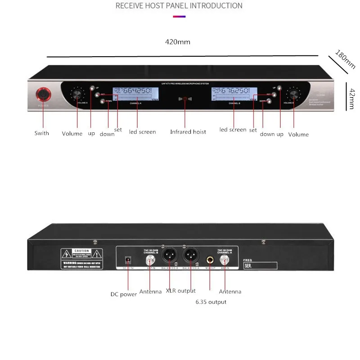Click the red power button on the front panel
pyautogui.click(x=43, y=94)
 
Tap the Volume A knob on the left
pyautogui.click(x=77, y=94)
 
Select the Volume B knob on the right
pyautogui.click(x=295, y=94)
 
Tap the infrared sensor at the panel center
pyautogui.click(x=184, y=99)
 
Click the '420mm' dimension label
pyautogui.click(x=178, y=42)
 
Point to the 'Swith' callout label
pyautogui.click(x=42, y=133)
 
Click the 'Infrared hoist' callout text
pyautogui.click(x=188, y=132)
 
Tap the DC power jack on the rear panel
pyautogui.click(x=127, y=260)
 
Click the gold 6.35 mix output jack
pyautogui.click(x=210, y=260)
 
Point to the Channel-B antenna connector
pyautogui.click(x=147, y=260)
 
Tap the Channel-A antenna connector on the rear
pyautogui.click(x=225, y=260)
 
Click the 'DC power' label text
pyautogui.click(x=124, y=294)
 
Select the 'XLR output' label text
pyautogui.click(x=180, y=291)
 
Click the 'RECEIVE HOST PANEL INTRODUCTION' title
pyautogui.click(x=179, y=6)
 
